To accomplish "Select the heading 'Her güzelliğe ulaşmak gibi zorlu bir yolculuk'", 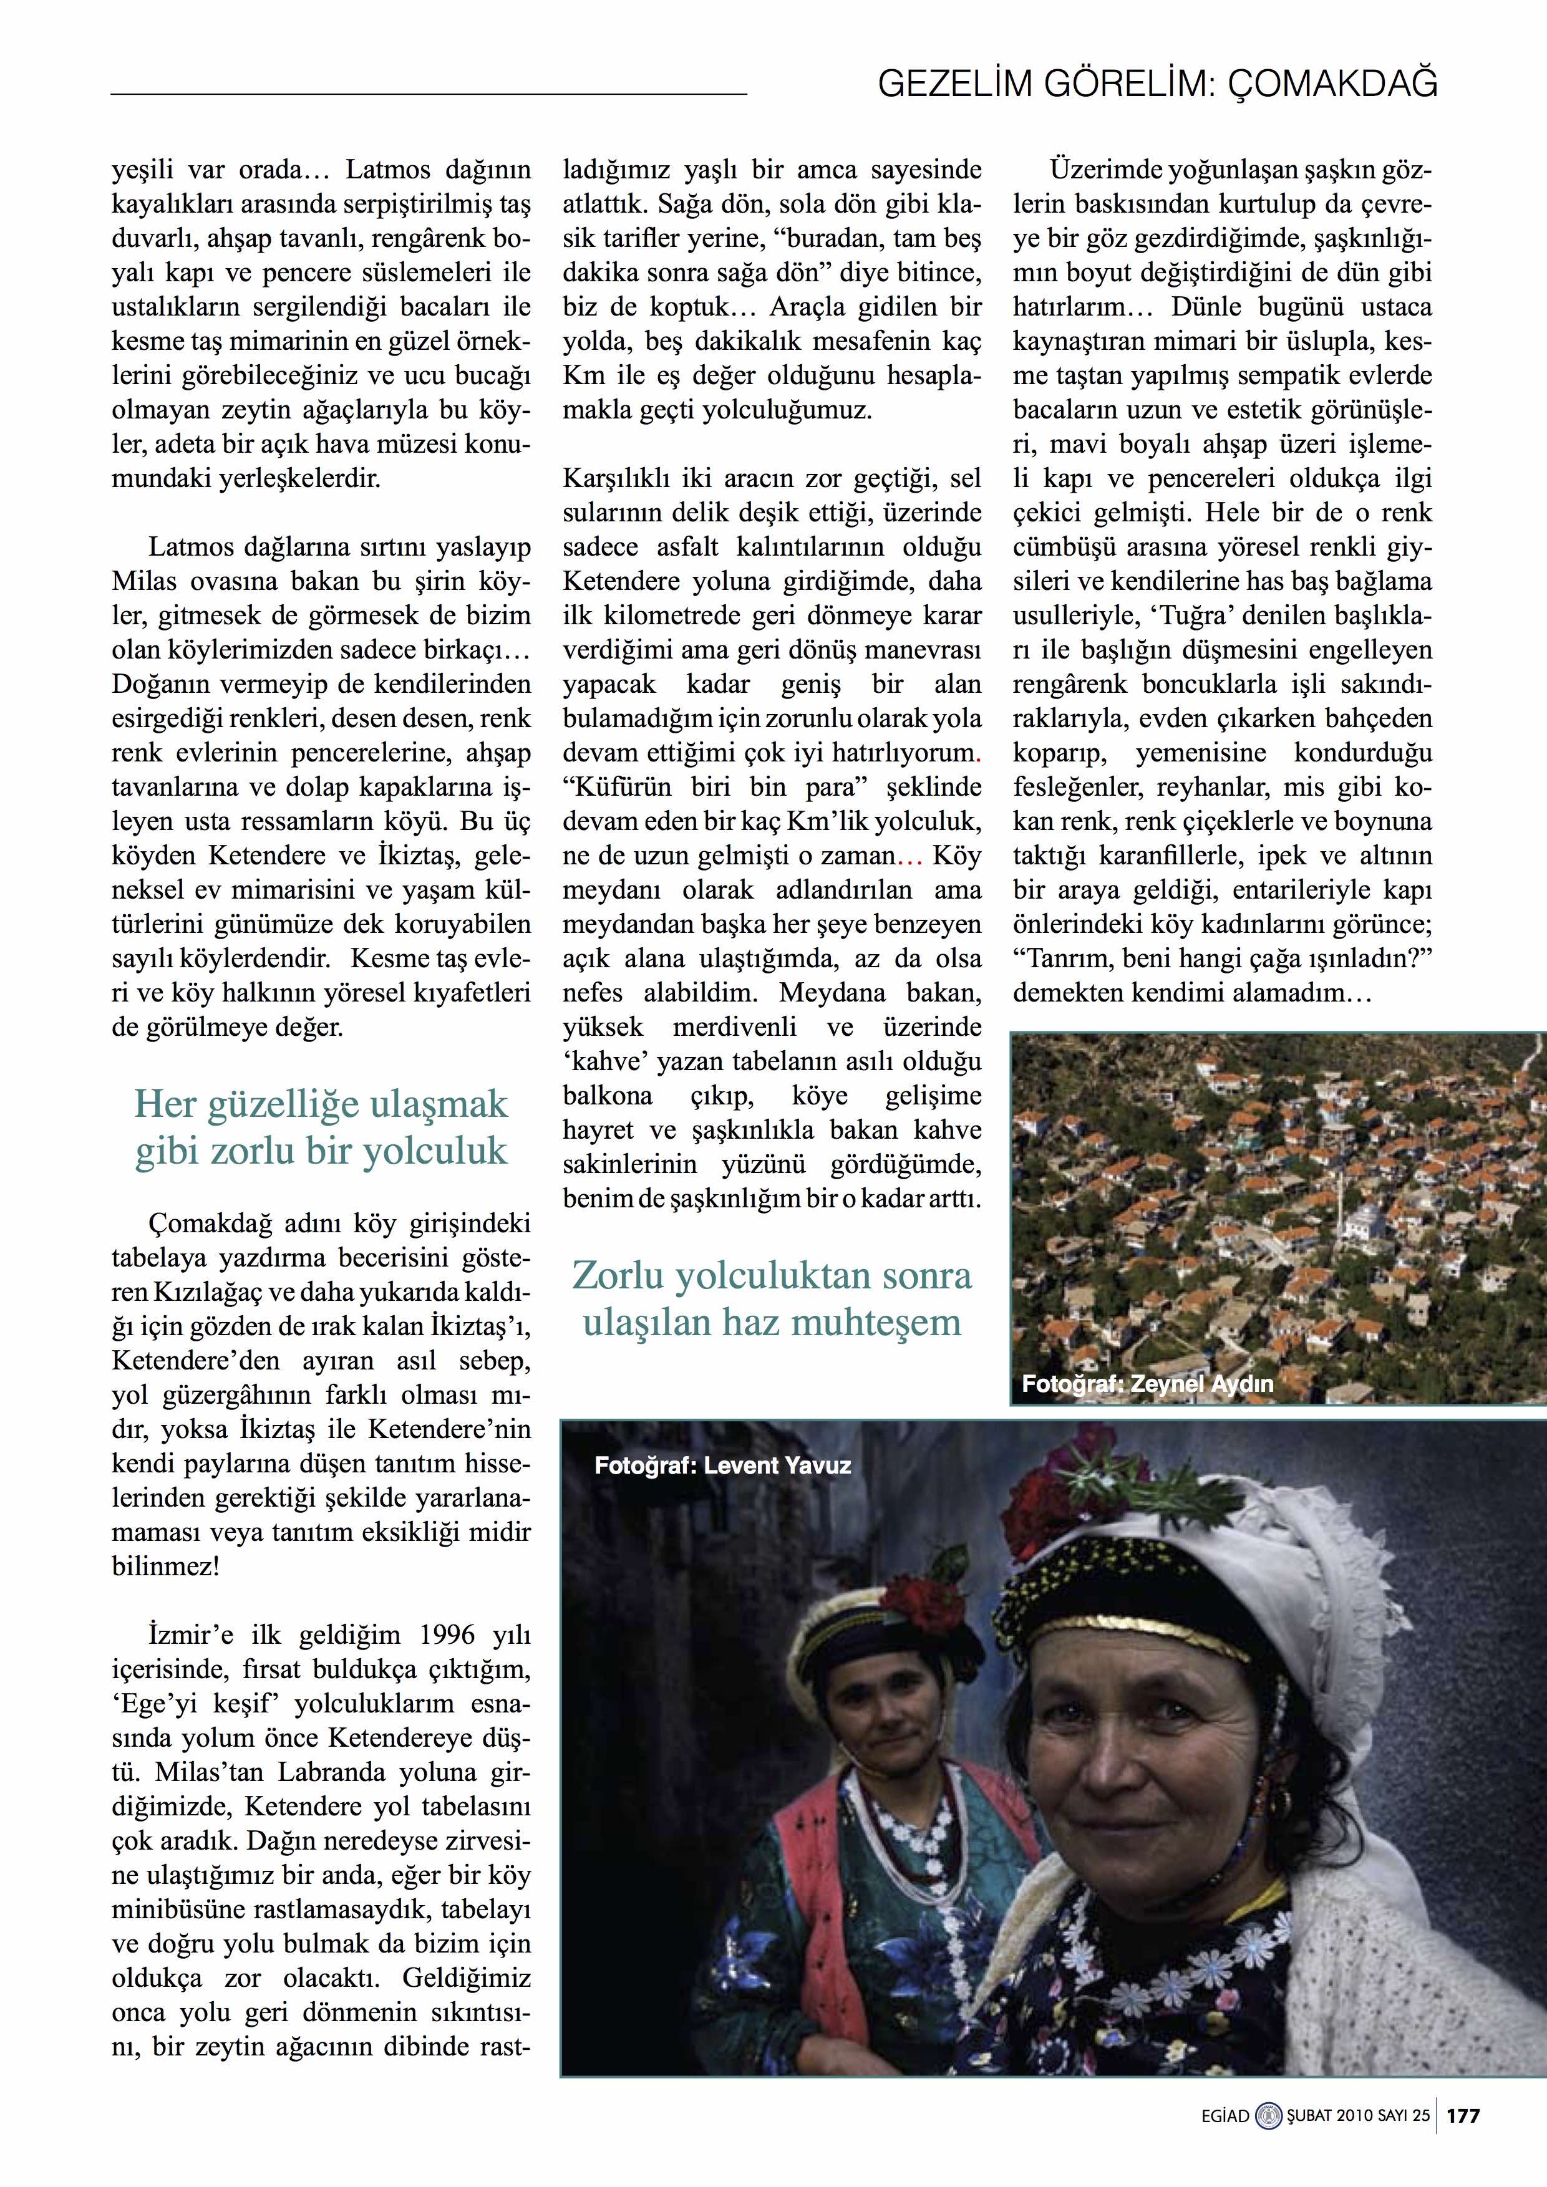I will [x=321, y=1127].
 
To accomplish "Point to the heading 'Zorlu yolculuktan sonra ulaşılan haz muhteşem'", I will [x=772, y=1299].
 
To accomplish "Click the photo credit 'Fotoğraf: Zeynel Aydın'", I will [x=1147, y=1384].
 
